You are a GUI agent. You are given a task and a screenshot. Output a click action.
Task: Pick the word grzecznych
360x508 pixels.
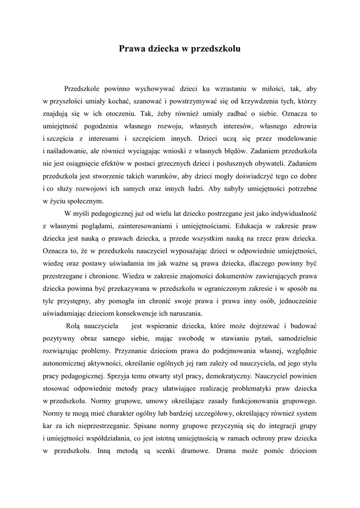point(185,163)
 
